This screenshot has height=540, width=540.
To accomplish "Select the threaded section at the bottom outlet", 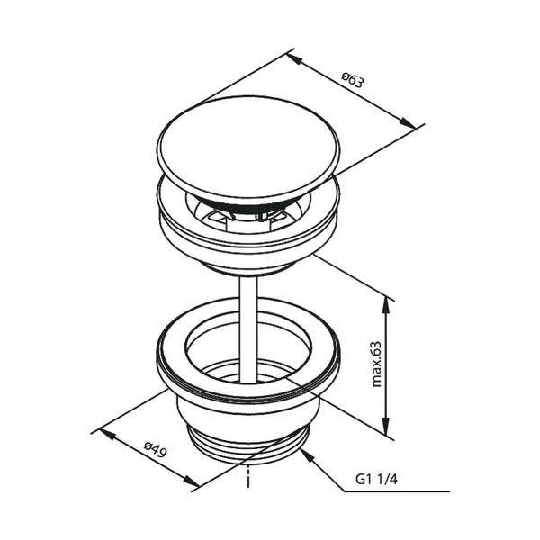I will (248, 448).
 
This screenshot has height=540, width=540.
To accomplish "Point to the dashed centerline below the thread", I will (246, 477).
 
